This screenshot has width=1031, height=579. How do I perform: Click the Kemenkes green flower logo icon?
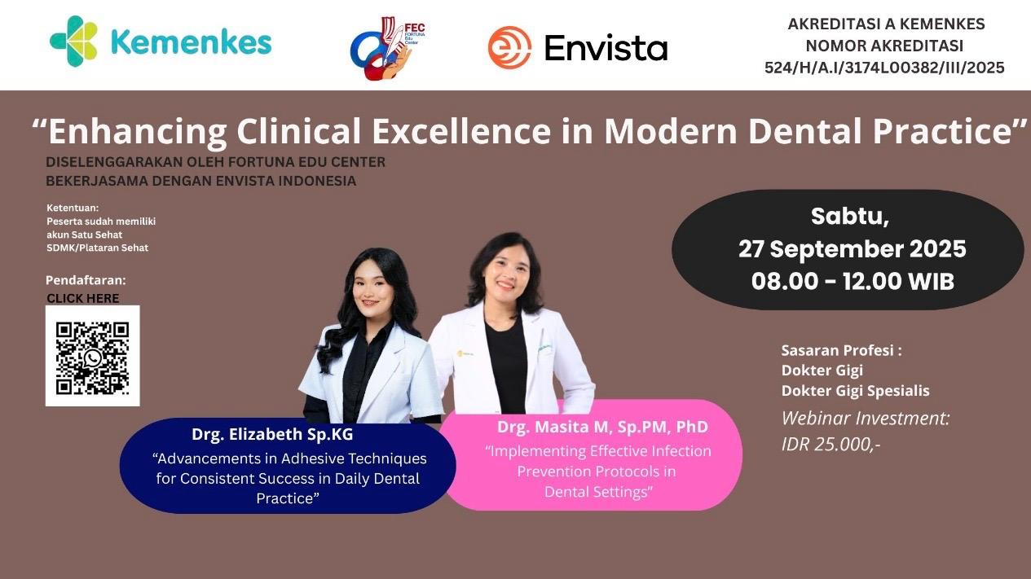[73, 42]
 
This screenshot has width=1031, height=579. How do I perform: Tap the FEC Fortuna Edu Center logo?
[388, 50]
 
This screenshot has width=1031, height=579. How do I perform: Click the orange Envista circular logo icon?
[509, 47]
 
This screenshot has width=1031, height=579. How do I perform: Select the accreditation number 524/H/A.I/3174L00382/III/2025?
[884, 68]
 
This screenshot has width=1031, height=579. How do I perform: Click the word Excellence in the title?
[467, 131]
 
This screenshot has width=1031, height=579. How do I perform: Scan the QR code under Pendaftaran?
[92, 356]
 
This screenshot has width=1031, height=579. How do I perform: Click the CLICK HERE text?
[82, 298]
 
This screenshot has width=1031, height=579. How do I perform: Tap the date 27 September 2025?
[852, 248]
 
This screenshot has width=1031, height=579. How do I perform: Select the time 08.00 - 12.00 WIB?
[852, 281]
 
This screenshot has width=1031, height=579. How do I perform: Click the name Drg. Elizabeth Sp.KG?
[272, 434]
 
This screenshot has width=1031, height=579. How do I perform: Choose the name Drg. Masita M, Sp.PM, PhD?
[602, 427]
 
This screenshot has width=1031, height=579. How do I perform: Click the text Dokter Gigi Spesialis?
[855, 391]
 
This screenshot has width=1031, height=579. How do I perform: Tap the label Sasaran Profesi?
[841, 351]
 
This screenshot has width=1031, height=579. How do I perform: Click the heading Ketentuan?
[73, 208]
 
